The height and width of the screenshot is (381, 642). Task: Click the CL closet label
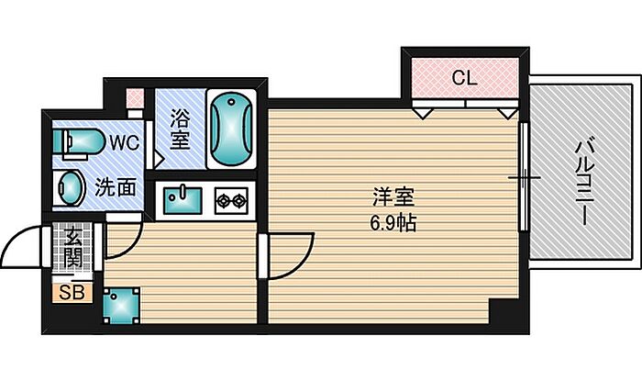point(465,77)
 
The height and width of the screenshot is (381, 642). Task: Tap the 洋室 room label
point(393,197)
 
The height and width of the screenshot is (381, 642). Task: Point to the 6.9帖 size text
point(393,223)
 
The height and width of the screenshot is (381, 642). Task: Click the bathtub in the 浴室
point(230,129)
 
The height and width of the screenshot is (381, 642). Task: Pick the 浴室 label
point(180,129)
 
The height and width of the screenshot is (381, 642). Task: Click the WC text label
point(124,143)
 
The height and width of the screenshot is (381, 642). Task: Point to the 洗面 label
point(116,188)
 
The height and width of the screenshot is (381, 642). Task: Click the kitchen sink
point(183,200)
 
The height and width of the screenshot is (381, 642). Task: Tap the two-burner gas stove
point(231,201)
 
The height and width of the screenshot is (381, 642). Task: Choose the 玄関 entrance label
point(73,248)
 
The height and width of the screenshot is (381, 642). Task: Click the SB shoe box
point(72,293)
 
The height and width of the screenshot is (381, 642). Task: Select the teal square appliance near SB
point(121,305)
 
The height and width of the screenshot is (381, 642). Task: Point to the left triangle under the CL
point(423,113)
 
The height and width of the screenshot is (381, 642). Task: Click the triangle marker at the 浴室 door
point(159,159)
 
